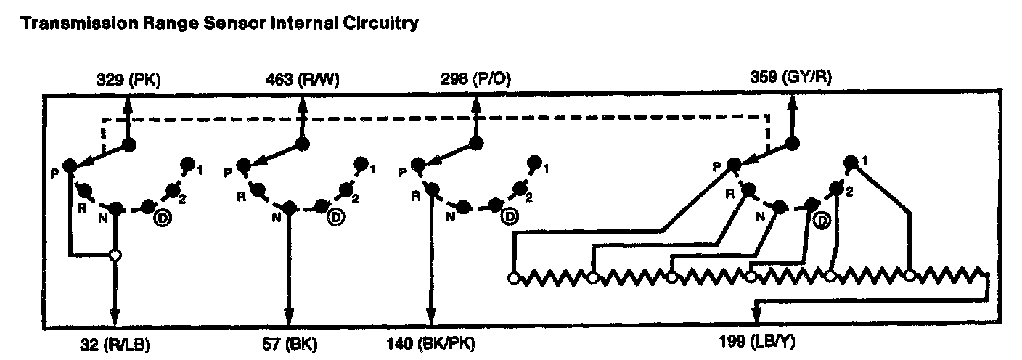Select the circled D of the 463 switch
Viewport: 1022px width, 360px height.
335,216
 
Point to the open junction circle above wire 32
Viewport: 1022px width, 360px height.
114,255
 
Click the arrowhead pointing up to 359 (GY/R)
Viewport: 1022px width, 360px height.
792,102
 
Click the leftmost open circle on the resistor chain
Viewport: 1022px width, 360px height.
513,277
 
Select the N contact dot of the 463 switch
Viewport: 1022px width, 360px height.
289,208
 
